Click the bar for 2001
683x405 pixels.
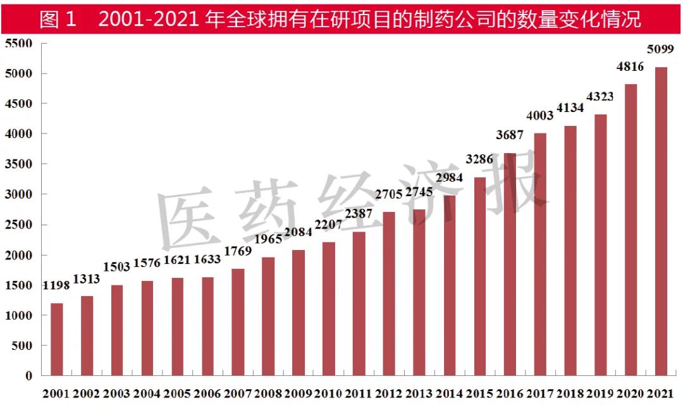(57, 339)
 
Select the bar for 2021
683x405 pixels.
(661, 221)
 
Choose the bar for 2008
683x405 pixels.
(268, 316)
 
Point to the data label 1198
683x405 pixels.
(57, 286)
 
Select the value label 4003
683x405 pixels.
(540, 115)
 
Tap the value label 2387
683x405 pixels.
(359, 215)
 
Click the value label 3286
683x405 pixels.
(479, 159)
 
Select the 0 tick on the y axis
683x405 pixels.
(28, 376)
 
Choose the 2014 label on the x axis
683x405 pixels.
(449, 394)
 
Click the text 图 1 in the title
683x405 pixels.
(58, 19)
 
